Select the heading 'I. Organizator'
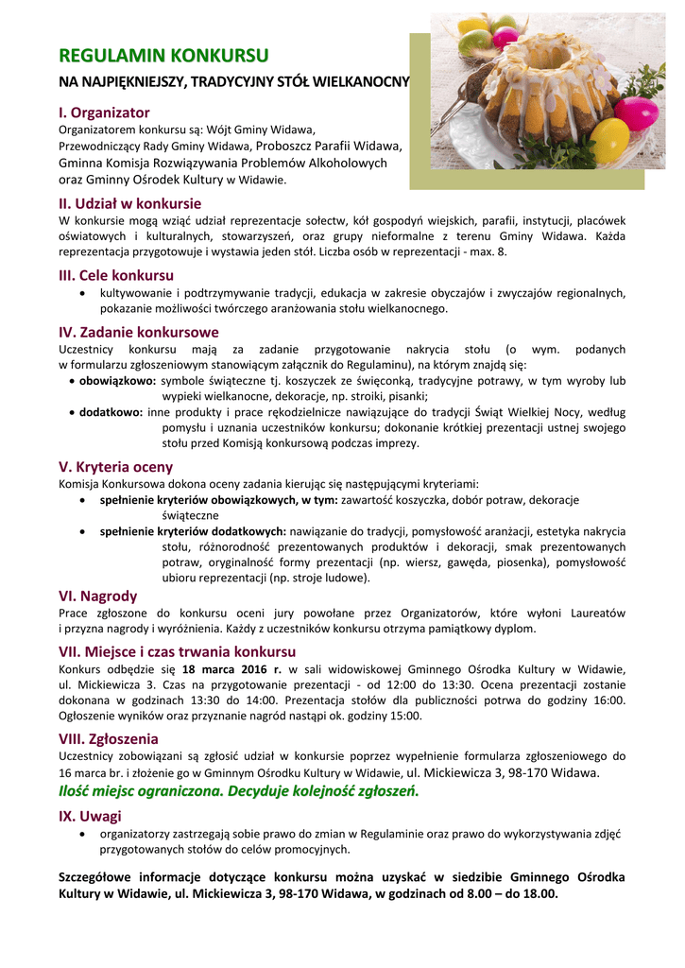pyautogui.click(x=104, y=112)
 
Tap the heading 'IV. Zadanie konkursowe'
pyautogui.click(x=138, y=332)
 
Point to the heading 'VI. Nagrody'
pyautogui.click(x=97, y=596)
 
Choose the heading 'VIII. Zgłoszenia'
pyautogui.click(x=108, y=738)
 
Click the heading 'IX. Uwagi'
pyautogui.click(x=90, y=816)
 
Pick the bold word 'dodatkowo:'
pyautogui.click(x=111, y=412)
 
